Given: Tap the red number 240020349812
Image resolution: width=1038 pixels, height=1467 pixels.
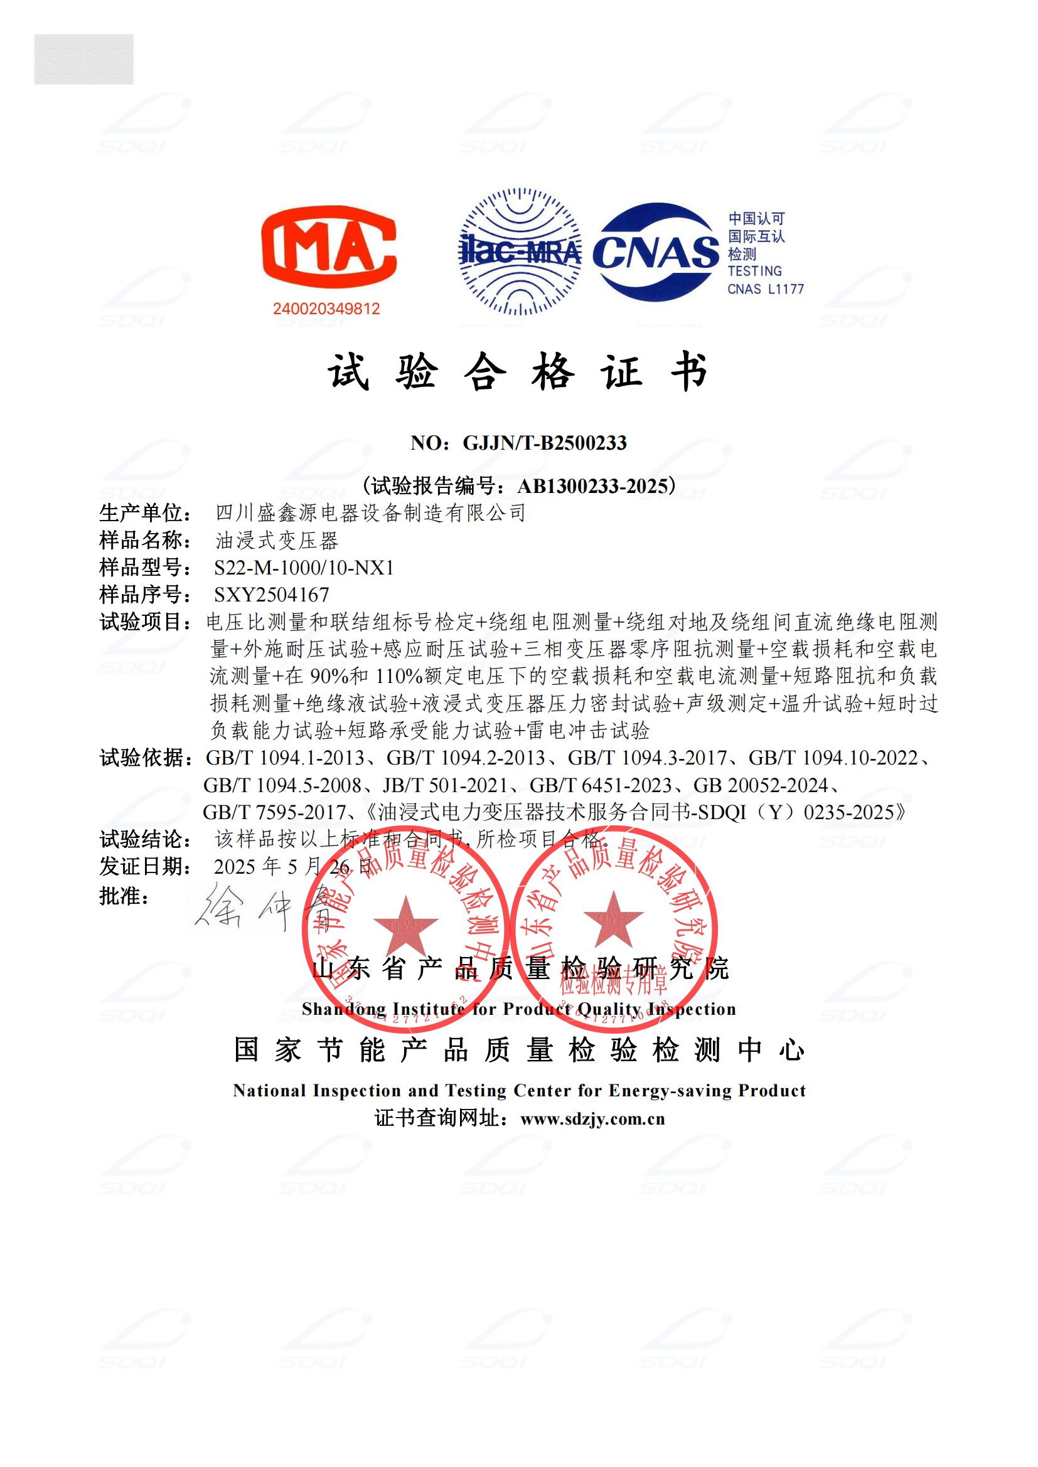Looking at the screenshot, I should pos(326,309).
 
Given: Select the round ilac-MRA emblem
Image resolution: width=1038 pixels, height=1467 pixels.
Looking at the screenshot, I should pos(520,252).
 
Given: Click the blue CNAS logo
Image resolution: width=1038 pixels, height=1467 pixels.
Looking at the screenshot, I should pos(656,252).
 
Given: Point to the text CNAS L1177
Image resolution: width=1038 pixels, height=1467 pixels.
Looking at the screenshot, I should pos(765,289).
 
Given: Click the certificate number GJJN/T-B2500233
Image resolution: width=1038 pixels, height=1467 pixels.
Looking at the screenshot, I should pos(545,443).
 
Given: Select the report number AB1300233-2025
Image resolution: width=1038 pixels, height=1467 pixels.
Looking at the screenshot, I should pos(592,486).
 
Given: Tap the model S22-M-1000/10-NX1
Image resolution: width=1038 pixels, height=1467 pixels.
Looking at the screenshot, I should pos(304,568).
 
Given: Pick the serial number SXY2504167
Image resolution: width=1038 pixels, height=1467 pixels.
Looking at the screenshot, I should pos(272,595).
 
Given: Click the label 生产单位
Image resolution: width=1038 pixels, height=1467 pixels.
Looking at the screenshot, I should pos(144,513).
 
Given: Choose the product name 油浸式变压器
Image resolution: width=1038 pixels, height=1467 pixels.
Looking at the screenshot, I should pos(277,541).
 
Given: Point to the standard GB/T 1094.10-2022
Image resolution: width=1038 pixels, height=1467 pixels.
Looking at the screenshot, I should pos(833,758).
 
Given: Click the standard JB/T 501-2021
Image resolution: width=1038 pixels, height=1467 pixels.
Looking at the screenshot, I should pos(445,785).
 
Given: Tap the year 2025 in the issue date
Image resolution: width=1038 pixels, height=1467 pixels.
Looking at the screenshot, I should pos(235,867).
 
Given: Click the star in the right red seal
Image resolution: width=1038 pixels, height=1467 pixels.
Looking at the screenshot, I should pos(613,920).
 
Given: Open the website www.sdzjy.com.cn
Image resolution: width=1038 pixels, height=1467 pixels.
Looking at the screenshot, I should pos(592,1119).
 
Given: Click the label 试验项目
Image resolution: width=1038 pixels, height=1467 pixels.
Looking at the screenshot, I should pos(144,622).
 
